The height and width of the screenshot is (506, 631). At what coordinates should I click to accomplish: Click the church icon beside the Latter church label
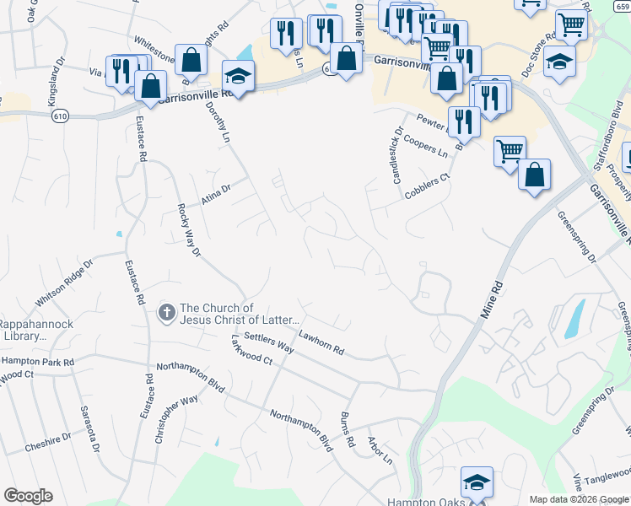tap(167, 314)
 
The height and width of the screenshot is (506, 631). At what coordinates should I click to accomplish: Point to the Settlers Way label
tap(268, 342)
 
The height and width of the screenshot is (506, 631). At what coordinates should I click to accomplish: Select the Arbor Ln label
tap(380, 451)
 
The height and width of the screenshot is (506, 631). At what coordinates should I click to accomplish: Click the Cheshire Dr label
tap(48, 442)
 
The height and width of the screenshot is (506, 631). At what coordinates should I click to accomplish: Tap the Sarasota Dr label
tap(87, 428)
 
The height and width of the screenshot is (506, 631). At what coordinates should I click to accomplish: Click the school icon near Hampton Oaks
tap(476, 483)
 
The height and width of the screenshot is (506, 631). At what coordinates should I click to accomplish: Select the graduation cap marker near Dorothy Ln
tap(238, 76)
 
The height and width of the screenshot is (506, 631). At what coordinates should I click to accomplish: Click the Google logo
tap(28, 496)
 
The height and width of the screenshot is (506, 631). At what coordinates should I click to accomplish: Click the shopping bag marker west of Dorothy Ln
tap(191, 60)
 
